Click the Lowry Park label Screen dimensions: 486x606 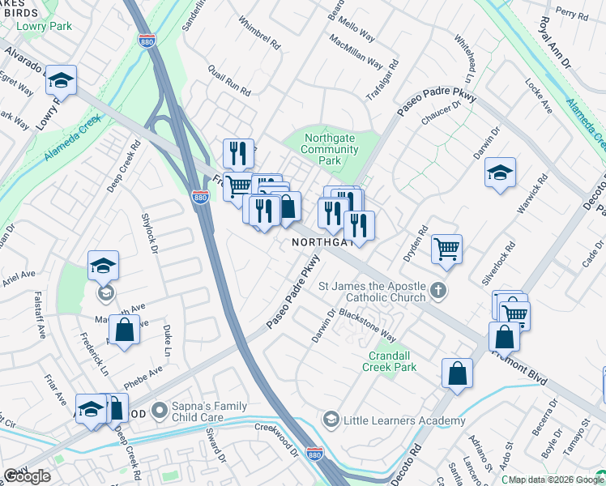[45, 26]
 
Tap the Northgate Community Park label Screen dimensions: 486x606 [329, 150]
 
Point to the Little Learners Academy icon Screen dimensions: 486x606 [331, 420]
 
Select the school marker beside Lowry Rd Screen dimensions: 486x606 [61, 80]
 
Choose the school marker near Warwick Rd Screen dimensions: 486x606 [501, 173]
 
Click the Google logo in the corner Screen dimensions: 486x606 [27, 476]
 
